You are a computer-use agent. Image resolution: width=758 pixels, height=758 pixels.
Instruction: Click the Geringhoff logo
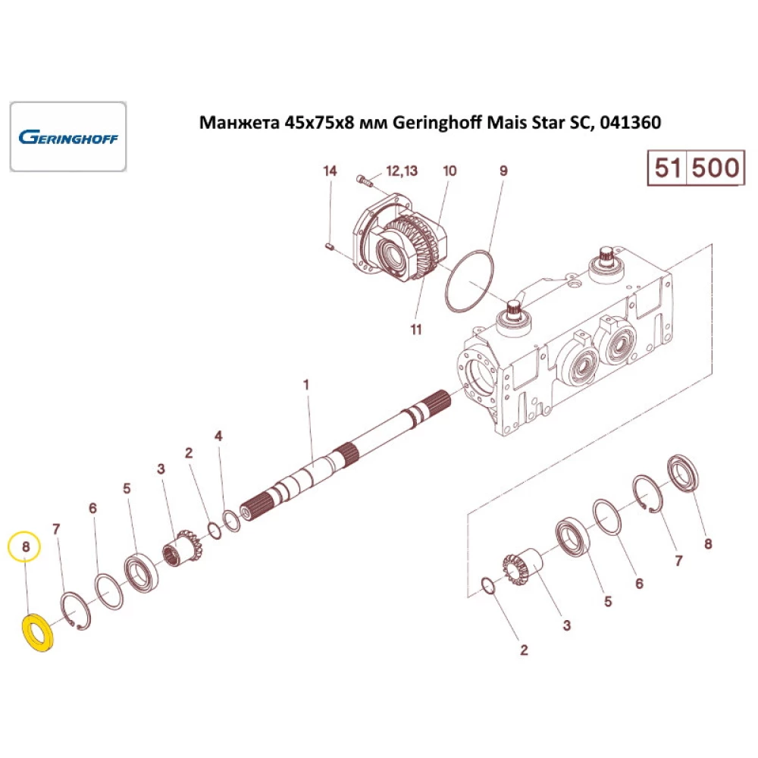coord(68,137)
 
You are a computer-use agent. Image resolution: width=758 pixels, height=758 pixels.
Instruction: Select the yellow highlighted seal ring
coord(39,632)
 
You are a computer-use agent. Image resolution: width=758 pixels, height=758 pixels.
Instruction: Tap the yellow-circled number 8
coord(26,547)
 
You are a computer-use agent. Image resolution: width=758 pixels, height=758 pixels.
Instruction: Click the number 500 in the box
coord(716,168)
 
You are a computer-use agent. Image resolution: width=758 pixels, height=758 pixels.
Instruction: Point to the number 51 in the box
coord(668,168)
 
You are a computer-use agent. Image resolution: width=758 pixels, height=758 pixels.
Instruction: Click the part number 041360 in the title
coord(631,122)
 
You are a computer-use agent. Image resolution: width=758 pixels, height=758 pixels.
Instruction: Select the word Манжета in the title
coord(240,123)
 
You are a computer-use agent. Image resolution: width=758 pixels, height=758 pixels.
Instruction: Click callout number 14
coord(330,171)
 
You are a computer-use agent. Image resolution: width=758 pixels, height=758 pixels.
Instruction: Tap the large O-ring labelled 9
coord(469,281)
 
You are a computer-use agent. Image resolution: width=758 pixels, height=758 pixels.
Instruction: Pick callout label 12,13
coord(402,171)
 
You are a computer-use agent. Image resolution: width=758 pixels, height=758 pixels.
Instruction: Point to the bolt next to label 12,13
coord(365,181)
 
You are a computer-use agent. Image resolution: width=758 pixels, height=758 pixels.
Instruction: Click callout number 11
coord(416,329)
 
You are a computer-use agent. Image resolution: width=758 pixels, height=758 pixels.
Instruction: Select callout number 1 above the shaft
coord(305,385)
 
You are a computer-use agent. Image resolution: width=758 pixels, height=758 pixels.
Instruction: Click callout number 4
coord(218,436)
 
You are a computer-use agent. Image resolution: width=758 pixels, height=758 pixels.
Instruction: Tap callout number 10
coord(449,171)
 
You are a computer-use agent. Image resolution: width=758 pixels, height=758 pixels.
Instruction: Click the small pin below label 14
coord(329,247)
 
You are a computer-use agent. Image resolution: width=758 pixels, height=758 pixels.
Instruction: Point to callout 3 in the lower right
coord(566,625)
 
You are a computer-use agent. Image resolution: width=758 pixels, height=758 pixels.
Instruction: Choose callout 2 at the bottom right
coord(524,650)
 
